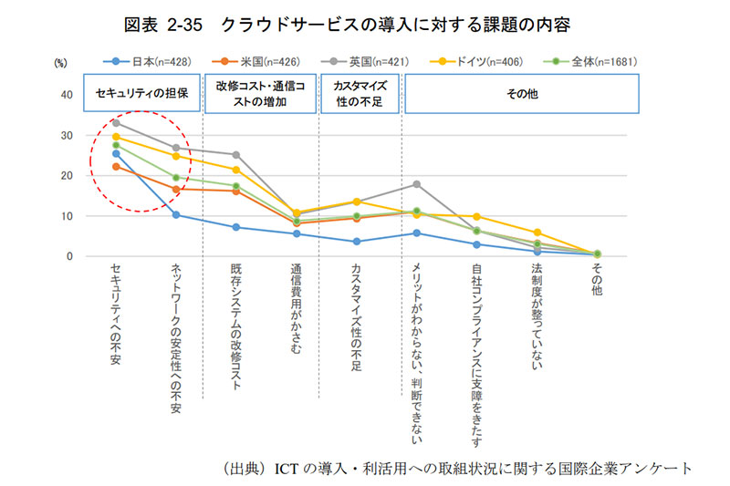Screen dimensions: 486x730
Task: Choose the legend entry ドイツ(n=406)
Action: (x=479, y=61)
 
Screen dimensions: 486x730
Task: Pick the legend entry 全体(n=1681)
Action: (x=594, y=61)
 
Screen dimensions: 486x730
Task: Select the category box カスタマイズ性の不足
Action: (x=359, y=93)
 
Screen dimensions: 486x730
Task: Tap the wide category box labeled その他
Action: (x=522, y=93)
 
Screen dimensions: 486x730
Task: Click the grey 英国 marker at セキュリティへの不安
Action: (x=116, y=122)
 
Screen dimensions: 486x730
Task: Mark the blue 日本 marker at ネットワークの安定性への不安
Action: (x=175, y=215)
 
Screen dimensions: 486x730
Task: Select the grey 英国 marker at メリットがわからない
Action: (x=416, y=184)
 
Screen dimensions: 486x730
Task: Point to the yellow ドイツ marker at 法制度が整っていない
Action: (x=537, y=233)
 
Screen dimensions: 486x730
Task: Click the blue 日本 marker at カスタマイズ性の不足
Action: (x=357, y=242)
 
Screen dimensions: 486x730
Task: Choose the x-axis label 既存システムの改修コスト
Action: (x=235, y=327)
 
